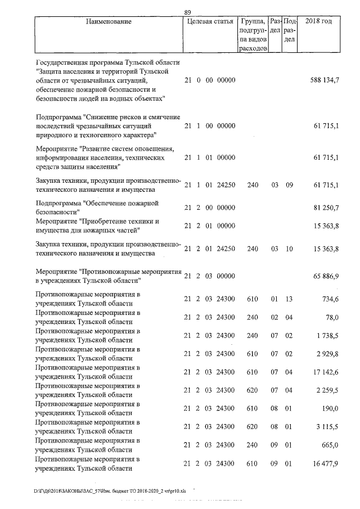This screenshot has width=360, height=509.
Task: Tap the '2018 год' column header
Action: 318,21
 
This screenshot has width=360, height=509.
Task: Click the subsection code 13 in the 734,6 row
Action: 289,299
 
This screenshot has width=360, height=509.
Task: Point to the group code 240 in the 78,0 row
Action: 253,317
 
